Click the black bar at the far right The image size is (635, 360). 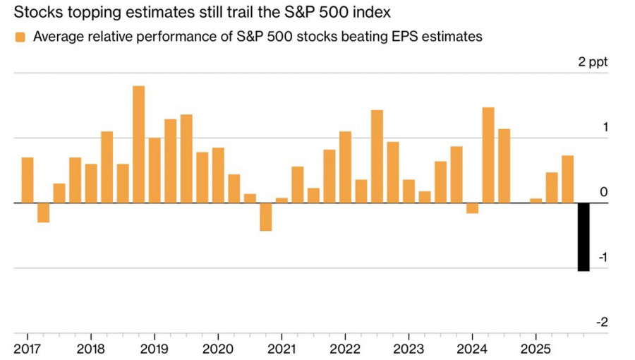click(583, 236)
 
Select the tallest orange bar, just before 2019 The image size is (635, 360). click(139, 144)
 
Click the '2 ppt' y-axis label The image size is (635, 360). click(592, 62)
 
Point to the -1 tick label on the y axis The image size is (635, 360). click(602, 258)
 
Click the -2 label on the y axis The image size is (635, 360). click(602, 322)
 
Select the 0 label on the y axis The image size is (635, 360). click(603, 193)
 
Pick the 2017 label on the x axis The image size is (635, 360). click(27, 349)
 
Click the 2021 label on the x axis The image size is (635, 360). click(282, 349)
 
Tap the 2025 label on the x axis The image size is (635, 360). click(536, 349)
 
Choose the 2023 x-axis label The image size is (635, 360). click(409, 349)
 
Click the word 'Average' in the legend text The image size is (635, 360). click(56, 37)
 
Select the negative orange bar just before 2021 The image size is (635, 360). click(266, 217)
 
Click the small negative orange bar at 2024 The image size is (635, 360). click(472, 208)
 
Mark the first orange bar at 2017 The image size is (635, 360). click(28, 180)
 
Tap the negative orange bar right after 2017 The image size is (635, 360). click(44, 212)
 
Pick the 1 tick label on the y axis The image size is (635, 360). click(604, 128)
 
